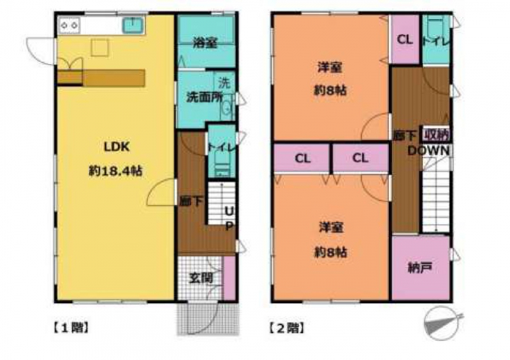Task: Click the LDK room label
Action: point(117,147)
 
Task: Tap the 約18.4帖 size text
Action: point(116,171)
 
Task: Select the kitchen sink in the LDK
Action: point(133,25)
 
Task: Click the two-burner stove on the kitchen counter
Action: point(69,25)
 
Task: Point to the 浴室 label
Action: point(205,43)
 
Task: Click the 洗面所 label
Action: point(204,97)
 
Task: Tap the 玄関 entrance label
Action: point(201,278)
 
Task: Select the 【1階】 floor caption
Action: point(71,328)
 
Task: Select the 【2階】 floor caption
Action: point(287,328)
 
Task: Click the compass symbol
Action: point(442,324)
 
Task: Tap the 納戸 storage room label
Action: point(419,268)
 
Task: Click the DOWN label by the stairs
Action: point(428,150)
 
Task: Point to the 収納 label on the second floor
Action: point(436,134)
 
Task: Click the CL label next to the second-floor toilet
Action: point(405,40)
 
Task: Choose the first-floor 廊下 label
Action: point(191,201)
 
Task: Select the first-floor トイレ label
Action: point(221,147)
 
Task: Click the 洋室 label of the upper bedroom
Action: point(330,68)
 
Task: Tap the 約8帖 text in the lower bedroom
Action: point(330,252)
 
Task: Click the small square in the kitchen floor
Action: point(100,48)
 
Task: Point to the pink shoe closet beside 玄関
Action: point(229,278)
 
